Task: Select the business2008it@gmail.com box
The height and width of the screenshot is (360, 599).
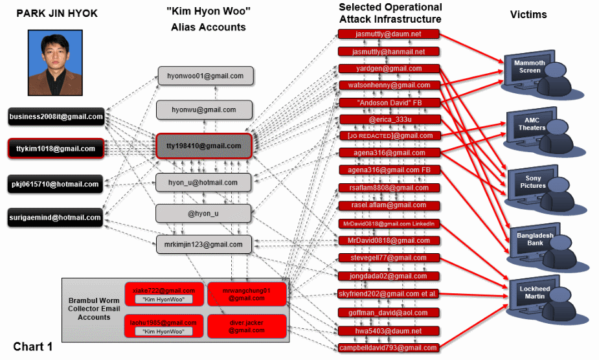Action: pos(56,117)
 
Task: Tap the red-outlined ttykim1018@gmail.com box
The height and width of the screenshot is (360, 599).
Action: pos(56,149)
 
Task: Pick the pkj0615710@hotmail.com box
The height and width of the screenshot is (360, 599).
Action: pos(56,184)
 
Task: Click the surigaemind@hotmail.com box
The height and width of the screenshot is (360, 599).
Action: pos(56,218)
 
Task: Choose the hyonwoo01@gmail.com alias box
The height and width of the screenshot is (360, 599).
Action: pos(205,76)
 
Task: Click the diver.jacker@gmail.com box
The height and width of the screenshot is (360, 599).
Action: pos(246,326)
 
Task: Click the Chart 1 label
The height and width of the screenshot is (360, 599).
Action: pos(32,346)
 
